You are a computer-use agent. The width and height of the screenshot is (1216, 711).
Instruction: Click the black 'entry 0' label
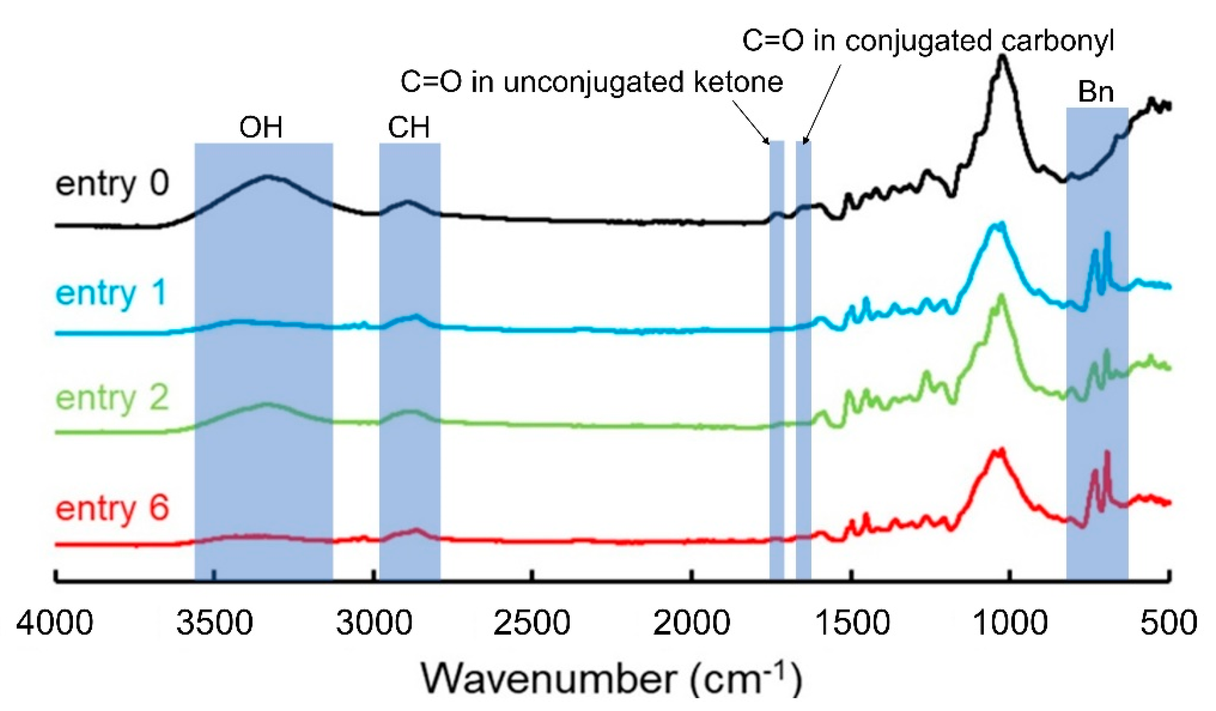112,184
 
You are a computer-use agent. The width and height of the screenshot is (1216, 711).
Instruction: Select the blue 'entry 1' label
111,293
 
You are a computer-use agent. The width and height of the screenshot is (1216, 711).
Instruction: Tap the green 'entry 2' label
112,398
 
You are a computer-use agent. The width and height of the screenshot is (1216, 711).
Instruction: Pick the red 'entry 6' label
112,508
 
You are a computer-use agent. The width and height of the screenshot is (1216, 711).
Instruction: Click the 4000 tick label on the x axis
54,623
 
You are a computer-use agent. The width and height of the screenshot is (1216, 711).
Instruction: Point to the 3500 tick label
214,623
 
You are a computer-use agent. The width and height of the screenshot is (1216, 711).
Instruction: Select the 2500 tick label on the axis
532,623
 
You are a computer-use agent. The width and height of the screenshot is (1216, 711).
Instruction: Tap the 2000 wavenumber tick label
691,623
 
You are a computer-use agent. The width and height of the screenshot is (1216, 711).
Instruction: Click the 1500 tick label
851,623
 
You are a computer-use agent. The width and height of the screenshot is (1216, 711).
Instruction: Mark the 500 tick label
1168,623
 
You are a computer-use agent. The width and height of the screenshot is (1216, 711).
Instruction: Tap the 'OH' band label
261,128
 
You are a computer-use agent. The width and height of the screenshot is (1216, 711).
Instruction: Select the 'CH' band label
409,128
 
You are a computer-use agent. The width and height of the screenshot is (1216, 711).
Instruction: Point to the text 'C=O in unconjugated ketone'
591,82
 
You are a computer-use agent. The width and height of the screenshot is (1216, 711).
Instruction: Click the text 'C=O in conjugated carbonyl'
928,41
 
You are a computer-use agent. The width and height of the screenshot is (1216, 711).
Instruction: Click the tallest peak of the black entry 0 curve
1003,57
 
